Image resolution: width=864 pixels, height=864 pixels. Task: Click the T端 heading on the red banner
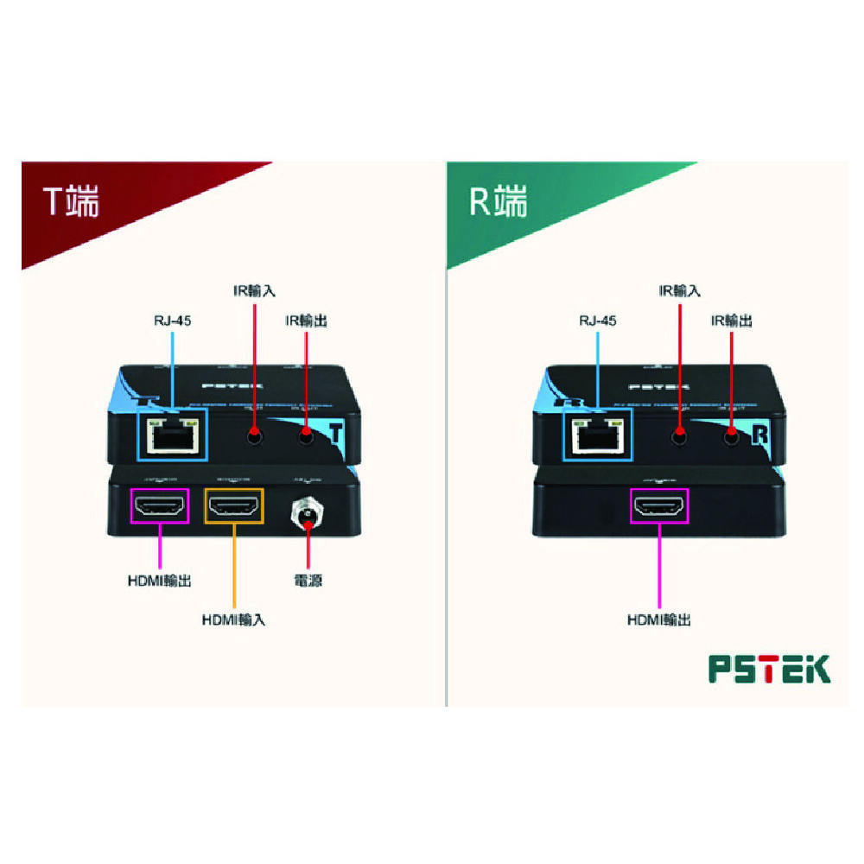tap(73, 202)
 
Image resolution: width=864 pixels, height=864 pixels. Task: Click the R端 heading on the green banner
tap(498, 202)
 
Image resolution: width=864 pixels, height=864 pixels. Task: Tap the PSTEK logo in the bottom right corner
tap(769, 669)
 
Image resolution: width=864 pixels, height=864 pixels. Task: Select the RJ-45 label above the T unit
tap(171, 321)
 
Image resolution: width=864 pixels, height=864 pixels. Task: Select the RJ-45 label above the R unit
tap(597, 321)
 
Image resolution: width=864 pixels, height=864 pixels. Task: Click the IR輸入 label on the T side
tap(254, 291)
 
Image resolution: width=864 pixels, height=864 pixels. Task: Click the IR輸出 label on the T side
tap(306, 321)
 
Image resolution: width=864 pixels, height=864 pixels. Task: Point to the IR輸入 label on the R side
tap(679, 291)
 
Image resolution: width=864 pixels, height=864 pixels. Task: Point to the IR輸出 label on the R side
tap(731, 321)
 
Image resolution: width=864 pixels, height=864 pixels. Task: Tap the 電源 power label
tap(308, 581)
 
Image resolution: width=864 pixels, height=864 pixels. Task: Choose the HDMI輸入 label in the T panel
tap(233, 619)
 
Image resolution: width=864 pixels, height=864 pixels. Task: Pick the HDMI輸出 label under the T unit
tap(159, 581)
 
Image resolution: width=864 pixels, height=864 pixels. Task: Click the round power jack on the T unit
tap(308, 516)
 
